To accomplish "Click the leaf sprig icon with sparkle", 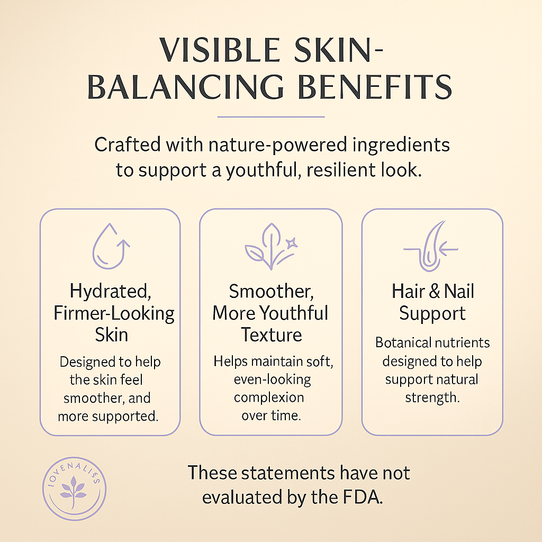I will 270,246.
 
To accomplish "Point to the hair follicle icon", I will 431,246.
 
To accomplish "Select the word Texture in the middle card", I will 271,335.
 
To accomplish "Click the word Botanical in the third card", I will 402,342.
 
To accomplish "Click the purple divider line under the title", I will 270,116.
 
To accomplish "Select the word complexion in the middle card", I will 269,397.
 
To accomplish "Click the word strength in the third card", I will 432,397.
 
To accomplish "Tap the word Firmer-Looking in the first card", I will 114,313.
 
